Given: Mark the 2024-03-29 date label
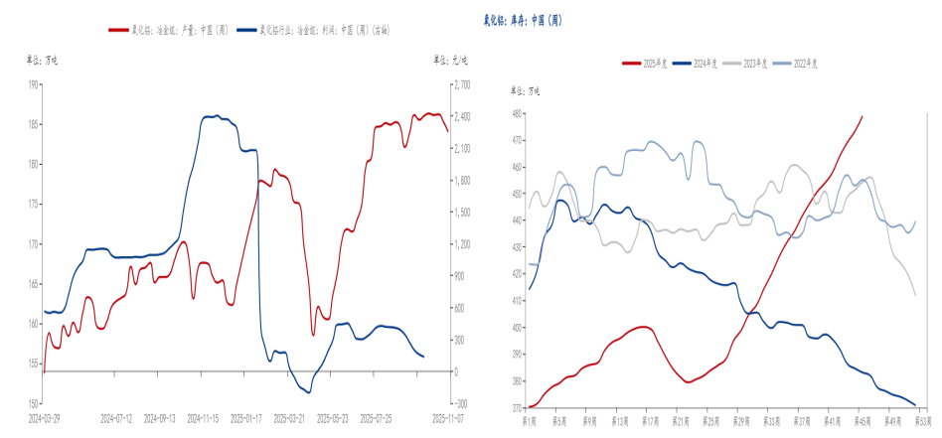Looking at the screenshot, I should click(43, 417).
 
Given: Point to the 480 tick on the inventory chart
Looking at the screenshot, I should click(516, 113).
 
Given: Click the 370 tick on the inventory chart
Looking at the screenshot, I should click(516, 408).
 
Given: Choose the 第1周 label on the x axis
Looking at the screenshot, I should click(529, 420).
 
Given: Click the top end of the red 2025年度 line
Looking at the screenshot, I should click(862, 116).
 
